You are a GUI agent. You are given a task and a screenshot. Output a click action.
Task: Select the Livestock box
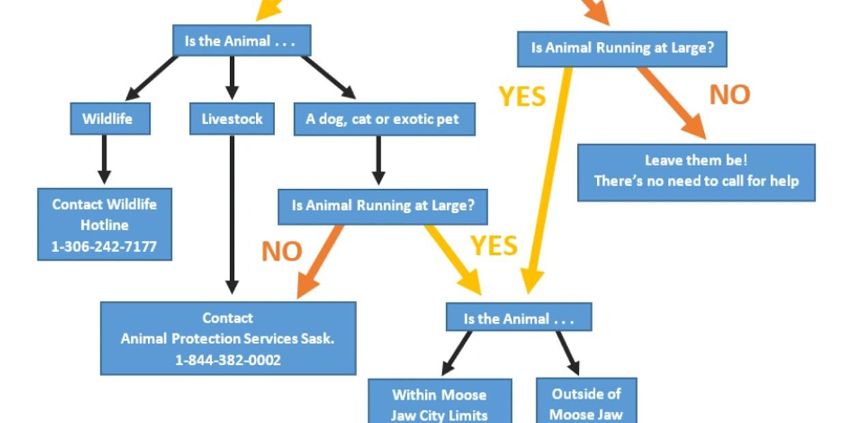232,119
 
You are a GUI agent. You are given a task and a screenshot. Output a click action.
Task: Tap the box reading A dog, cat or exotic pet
382,119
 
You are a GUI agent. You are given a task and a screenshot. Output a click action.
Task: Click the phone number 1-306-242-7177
104,246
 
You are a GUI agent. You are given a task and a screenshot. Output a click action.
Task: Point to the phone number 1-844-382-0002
228,360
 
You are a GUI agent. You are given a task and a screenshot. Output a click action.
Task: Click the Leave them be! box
696,171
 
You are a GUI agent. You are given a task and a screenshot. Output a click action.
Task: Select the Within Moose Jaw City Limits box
439,404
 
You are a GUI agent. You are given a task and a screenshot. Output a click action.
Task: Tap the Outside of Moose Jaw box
586,403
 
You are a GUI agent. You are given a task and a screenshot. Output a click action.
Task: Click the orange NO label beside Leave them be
729,95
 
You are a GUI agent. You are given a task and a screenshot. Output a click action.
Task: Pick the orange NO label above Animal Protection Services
281,251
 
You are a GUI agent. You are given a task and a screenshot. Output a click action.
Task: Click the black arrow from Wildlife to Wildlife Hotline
104,158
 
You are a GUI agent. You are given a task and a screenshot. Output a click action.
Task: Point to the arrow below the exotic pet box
377,161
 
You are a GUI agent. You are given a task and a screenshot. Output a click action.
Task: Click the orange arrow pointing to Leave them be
671,103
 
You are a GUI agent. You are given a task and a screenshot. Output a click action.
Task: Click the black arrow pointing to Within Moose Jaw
456,353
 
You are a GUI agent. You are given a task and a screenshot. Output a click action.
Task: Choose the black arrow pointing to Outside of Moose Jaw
568,353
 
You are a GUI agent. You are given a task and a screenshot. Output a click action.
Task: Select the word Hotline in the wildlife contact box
104,224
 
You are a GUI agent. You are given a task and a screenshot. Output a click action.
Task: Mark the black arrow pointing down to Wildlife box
151,78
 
